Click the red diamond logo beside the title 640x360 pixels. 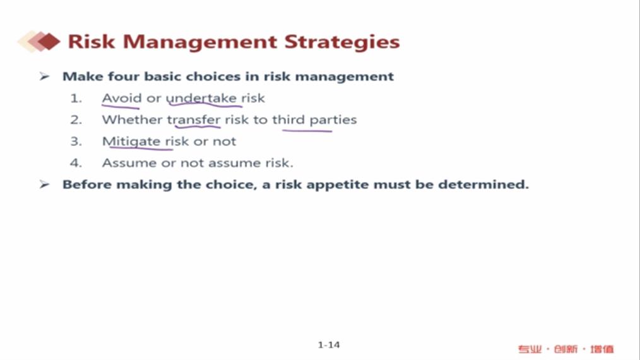39,42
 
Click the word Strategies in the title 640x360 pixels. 342,42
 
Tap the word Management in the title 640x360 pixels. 200,42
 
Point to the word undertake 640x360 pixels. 201,99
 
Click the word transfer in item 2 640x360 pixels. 194,120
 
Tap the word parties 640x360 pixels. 333,120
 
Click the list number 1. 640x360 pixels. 76,98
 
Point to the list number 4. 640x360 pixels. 76,163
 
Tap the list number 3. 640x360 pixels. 76,141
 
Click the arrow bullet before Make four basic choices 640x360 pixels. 44,76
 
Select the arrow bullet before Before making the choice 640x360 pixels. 44,184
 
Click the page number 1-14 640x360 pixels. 329,345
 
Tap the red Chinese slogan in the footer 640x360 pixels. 566,349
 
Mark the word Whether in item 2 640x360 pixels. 133,120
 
